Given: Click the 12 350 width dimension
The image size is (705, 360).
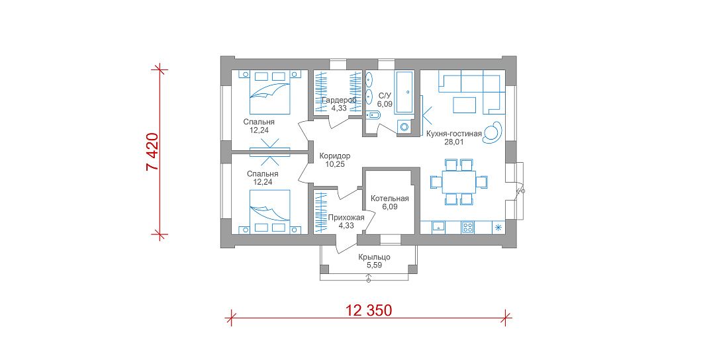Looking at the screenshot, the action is click(x=369, y=310).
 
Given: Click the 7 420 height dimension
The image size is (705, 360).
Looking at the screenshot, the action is click(x=153, y=152).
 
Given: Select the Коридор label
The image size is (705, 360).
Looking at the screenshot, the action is click(x=334, y=156).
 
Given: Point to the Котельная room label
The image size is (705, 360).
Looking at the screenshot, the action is click(x=389, y=199).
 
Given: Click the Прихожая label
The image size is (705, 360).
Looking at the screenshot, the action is click(x=346, y=218).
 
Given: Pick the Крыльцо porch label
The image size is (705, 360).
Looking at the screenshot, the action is click(x=374, y=257).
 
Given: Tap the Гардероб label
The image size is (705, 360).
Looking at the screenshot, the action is click(x=339, y=100).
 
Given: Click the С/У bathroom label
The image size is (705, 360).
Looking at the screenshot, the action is click(x=385, y=95).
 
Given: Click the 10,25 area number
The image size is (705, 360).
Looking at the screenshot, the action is click(x=334, y=164).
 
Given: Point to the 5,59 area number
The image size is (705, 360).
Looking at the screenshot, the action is click(x=374, y=265).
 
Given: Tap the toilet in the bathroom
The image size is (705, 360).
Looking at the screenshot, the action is click(x=373, y=116).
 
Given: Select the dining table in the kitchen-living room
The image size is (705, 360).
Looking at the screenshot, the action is click(x=458, y=181).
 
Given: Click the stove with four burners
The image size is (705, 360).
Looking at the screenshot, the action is click(x=467, y=228).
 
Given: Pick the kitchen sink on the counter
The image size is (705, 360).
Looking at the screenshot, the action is click(x=438, y=228).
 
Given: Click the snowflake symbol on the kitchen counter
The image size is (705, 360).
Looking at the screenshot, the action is click(x=498, y=227).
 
